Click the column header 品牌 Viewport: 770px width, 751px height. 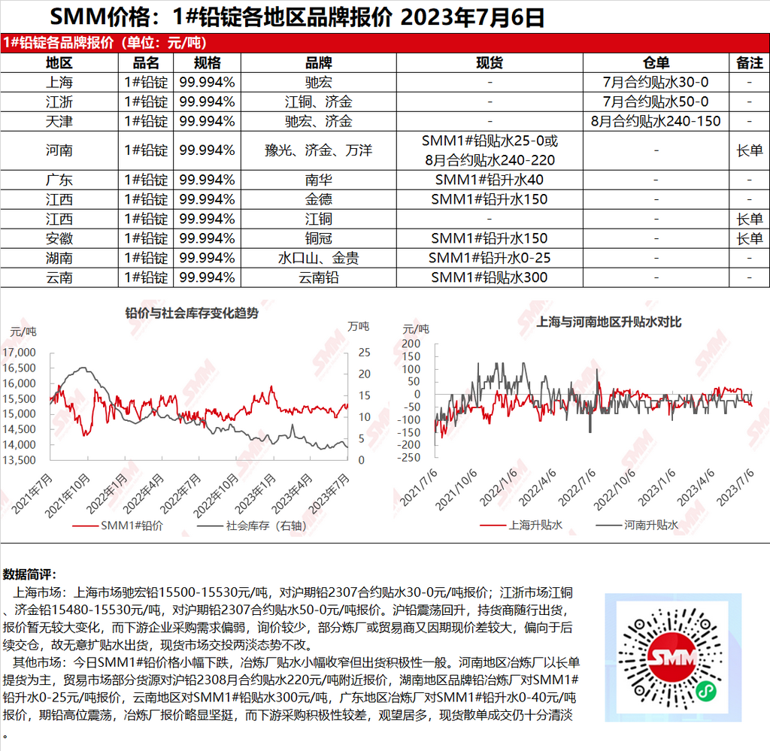318,63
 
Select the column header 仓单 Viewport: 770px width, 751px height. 656,63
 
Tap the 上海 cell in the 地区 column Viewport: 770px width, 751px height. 59,82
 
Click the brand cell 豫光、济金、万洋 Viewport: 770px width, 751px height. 318,150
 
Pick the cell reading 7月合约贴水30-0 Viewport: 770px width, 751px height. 656,82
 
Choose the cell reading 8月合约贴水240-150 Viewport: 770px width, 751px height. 656,121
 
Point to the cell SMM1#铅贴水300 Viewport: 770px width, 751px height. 490,277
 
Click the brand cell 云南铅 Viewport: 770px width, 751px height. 318,277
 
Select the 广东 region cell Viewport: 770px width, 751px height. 59,180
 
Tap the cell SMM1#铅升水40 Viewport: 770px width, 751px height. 490,180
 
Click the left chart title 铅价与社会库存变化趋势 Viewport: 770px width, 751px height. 191,313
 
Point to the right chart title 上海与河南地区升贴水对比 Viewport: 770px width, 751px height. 599,322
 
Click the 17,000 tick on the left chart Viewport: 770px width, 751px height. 20,353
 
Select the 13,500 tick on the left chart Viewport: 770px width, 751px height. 20,460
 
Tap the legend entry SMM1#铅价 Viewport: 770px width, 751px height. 132,525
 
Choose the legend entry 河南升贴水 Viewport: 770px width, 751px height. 650,525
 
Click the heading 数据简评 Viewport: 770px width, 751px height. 29,575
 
